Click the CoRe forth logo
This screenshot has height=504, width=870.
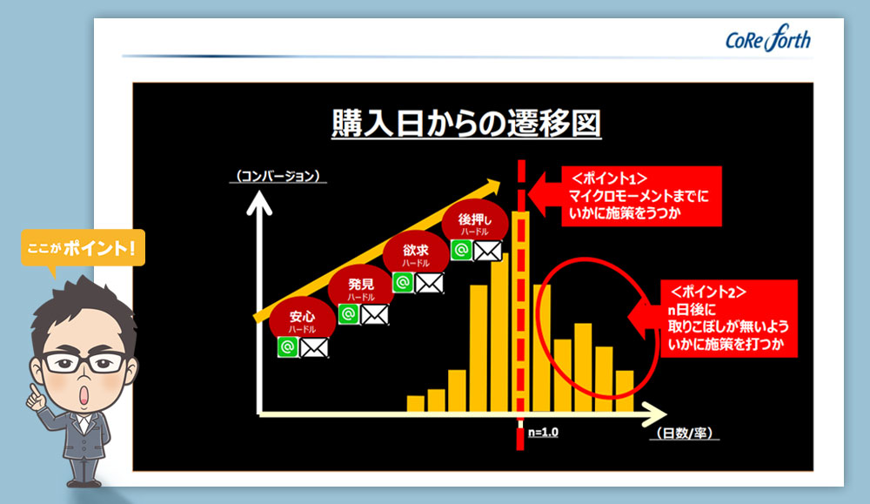click(768, 38)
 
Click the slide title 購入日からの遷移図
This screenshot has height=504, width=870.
click(466, 123)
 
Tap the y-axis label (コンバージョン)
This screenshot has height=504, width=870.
click(278, 176)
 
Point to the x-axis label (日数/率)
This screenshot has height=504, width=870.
click(684, 433)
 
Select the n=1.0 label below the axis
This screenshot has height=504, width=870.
click(543, 432)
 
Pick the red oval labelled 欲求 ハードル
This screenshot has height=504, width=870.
click(416, 254)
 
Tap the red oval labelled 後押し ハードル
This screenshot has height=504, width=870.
click(474, 223)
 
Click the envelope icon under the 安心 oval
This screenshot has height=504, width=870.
click(314, 348)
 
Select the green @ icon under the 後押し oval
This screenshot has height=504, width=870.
click(461, 250)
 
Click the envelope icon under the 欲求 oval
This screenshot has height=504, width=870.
click(430, 283)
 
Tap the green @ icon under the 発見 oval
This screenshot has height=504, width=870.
click(349, 314)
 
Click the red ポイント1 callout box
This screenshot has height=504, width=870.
click(641, 196)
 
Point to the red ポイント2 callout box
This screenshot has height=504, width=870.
click(728, 319)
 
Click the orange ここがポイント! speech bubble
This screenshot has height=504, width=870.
click(84, 248)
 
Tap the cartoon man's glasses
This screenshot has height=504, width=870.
click(84, 362)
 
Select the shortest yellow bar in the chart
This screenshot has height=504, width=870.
click(416, 404)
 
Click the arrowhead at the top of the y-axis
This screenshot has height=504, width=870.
click(259, 203)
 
